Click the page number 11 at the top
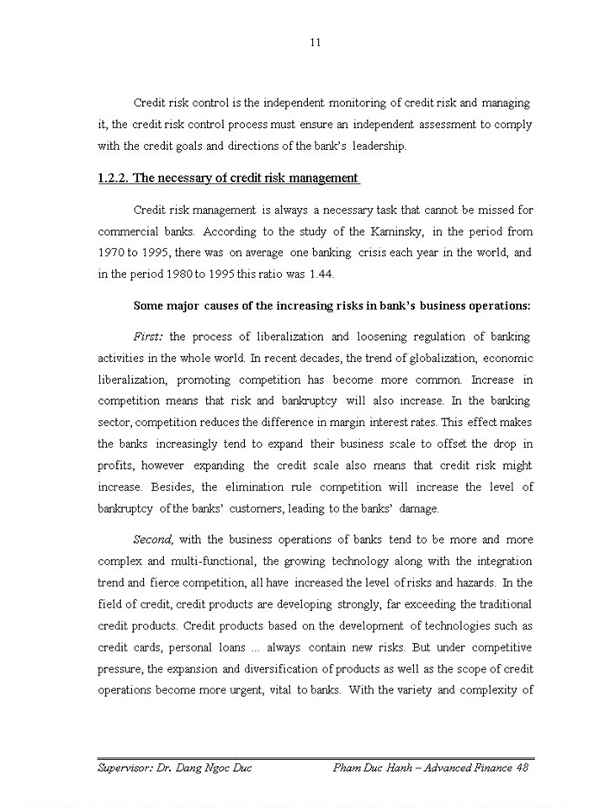315,42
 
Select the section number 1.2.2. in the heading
113,178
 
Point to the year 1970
110,252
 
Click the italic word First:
149,337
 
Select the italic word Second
153,540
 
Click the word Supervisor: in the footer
129,768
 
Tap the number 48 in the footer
522,768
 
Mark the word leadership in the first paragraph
379,146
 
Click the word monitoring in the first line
323,103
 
